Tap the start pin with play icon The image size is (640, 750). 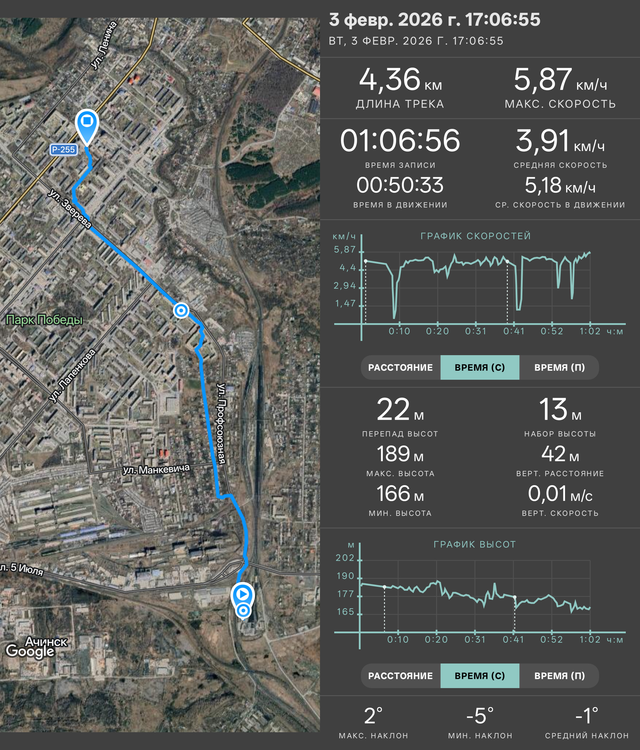(243, 595)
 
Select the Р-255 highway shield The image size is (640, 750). (64, 150)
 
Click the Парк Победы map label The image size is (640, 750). (44, 320)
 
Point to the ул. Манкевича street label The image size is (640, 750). (156, 469)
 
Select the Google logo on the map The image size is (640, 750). (30, 651)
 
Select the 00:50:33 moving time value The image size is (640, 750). (400, 185)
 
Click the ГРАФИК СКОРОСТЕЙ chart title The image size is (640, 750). (476, 236)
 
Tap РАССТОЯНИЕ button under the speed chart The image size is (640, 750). (400, 367)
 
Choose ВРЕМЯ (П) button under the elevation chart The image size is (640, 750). (559, 676)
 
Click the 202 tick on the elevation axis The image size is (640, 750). (345, 558)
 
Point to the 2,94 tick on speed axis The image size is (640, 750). (345, 286)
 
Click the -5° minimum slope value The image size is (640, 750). (480, 716)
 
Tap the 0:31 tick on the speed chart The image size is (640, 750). (476, 331)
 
